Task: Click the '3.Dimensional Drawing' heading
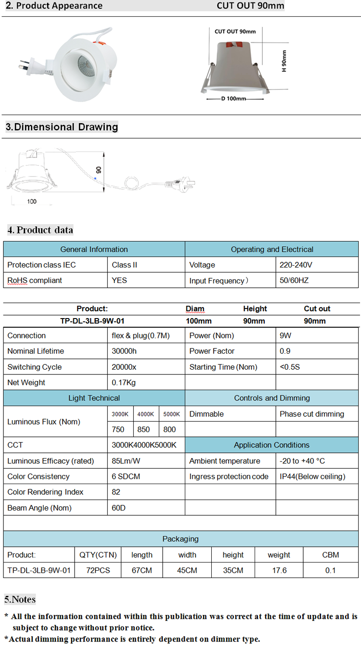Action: point(62,127)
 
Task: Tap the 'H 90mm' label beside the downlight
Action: point(284,61)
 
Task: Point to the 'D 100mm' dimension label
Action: point(234,99)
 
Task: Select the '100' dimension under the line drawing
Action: point(32,201)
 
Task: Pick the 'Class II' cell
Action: point(124,265)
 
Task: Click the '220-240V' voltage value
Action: point(296,265)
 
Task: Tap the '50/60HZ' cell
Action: point(294,280)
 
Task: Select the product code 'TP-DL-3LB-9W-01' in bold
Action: point(89,321)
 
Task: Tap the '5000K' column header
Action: point(171,414)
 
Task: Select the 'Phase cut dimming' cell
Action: point(312,414)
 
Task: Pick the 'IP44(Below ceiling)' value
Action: point(312,476)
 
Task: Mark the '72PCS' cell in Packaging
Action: point(98,570)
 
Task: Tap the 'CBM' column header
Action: point(330,555)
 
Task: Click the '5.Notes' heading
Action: point(20,599)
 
